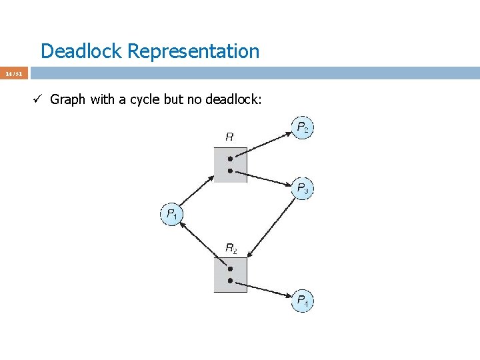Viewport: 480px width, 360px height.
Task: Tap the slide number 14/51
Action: tap(14, 73)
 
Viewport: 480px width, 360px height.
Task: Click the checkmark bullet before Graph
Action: tap(38, 100)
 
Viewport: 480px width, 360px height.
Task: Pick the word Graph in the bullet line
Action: tap(68, 100)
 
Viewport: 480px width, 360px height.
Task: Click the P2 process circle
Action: tap(302, 127)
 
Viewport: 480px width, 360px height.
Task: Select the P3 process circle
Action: tap(302, 189)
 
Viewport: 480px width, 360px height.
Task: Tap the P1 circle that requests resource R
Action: tap(171, 215)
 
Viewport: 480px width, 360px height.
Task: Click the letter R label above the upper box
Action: tap(229, 137)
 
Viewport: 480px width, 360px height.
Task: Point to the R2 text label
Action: tap(231, 248)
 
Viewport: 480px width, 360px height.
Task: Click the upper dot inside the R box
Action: tap(230, 159)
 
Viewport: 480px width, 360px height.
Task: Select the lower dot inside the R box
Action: tap(230, 171)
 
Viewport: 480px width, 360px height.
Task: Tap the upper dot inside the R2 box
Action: tap(230, 269)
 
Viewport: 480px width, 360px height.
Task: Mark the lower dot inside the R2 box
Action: tap(230, 281)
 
